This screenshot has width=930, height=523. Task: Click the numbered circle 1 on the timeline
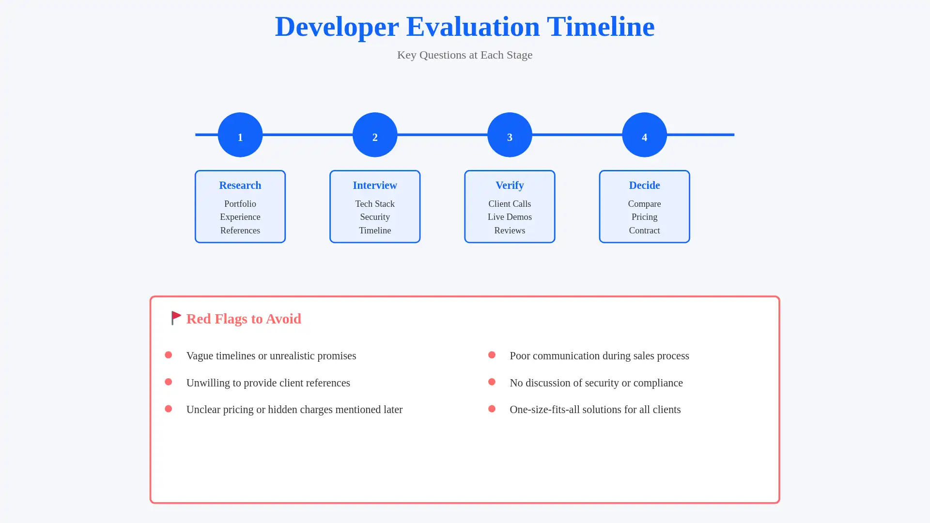(x=240, y=135)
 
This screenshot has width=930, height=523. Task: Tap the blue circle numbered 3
(x=509, y=135)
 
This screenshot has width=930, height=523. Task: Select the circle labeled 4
(x=644, y=135)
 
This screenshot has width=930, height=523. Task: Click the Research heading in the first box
(x=240, y=185)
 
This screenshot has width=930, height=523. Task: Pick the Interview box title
(x=374, y=185)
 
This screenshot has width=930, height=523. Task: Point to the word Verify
(x=509, y=185)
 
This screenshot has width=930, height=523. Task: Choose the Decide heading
(x=644, y=185)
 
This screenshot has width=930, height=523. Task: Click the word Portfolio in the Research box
(x=240, y=204)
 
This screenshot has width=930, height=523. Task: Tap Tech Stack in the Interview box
(x=374, y=204)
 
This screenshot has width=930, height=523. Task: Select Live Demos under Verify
(x=509, y=217)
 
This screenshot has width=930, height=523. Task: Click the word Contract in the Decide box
(x=644, y=231)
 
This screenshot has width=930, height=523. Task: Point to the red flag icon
(x=176, y=318)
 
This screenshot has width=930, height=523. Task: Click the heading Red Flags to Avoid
(x=244, y=319)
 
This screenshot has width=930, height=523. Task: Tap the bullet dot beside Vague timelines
(x=168, y=355)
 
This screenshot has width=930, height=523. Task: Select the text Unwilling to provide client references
(x=268, y=383)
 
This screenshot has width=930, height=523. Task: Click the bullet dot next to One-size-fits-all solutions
(x=492, y=409)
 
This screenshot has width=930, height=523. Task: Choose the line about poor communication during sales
(x=599, y=355)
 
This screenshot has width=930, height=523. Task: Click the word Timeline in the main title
(x=600, y=27)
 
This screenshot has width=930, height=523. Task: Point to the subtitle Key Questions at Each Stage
(x=465, y=55)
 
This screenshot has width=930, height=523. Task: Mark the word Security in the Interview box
(x=374, y=217)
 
